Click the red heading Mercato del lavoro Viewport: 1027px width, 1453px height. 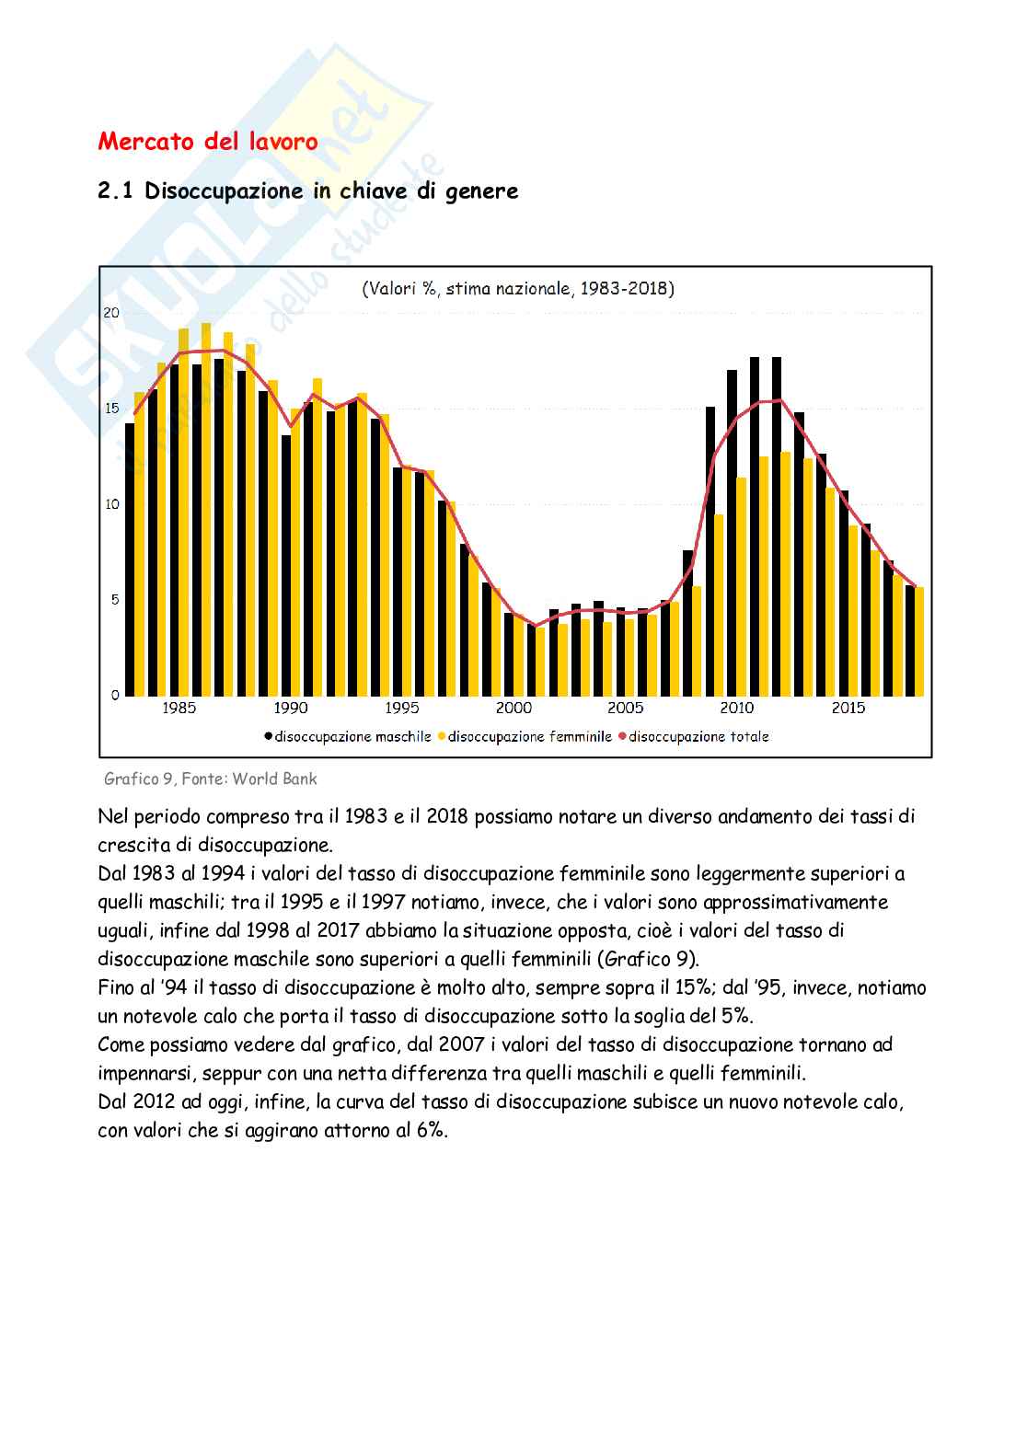[x=208, y=142]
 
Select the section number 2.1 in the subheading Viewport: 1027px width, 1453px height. [x=116, y=191]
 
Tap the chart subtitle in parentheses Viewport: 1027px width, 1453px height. [x=518, y=289]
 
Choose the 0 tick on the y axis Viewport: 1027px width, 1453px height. [x=116, y=695]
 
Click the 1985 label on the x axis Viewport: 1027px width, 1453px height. [x=179, y=709]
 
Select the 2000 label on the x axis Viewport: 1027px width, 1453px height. [x=513, y=709]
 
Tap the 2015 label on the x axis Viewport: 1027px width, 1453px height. [x=848, y=709]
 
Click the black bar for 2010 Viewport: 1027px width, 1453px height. [x=733, y=534]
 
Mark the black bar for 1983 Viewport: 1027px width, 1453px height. [x=131, y=559]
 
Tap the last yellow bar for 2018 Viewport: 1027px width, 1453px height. [x=919, y=641]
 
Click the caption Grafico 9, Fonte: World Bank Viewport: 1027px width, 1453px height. [x=211, y=778]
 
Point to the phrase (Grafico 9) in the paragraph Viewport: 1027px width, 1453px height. [x=648, y=959]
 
